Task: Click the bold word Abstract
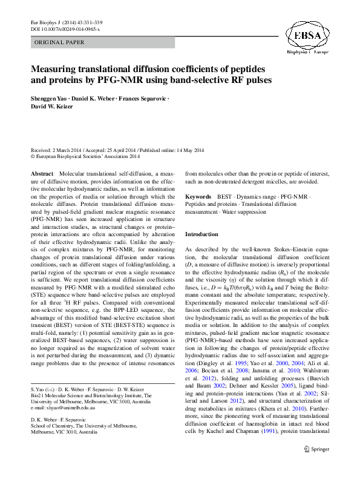42,173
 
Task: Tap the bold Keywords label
198,197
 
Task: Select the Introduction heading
202,234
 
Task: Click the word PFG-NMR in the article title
146,79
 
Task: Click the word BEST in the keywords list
225,197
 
